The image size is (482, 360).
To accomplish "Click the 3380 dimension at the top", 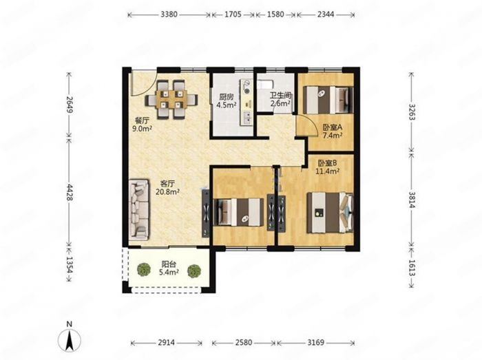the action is pyautogui.click(x=169, y=14).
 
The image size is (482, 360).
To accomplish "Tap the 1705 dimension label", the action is pyautogui.click(x=233, y=14).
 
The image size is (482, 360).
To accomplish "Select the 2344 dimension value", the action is pyautogui.click(x=326, y=14).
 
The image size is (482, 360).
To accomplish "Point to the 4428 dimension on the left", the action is pyautogui.click(x=70, y=193).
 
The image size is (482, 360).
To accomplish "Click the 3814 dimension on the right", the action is pyautogui.click(x=412, y=200).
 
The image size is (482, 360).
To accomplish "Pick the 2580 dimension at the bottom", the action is pyautogui.click(x=244, y=342).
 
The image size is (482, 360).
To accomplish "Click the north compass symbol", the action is pyautogui.click(x=70, y=337).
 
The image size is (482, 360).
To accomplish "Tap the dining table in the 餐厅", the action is pyautogui.click(x=171, y=99).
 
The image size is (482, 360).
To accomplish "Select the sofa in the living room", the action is pyautogui.click(x=138, y=210).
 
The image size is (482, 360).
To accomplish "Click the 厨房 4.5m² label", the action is pyautogui.click(x=227, y=100).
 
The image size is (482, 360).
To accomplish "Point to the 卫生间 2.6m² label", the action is pyautogui.click(x=280, y=100).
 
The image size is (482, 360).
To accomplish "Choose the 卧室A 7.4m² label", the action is pyautogui.click(x=333, y=131).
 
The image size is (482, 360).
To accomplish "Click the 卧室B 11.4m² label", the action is pyautogui.click(x=327, y=167).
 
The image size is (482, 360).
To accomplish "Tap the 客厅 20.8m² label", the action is pyautogui.click(x=167, y=188).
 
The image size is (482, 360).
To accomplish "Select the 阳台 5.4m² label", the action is pyautogui.click(x=169, y=268).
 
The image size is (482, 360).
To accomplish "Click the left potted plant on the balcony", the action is pyautogui.click(x=143, y=270).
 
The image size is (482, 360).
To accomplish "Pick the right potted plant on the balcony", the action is pyautogui.click(x=194, y=271).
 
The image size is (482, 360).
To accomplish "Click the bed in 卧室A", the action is pyautogui.click(x=328, y=100).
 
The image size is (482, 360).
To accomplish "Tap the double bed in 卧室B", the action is pyautogui.click(x=330, y=213).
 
